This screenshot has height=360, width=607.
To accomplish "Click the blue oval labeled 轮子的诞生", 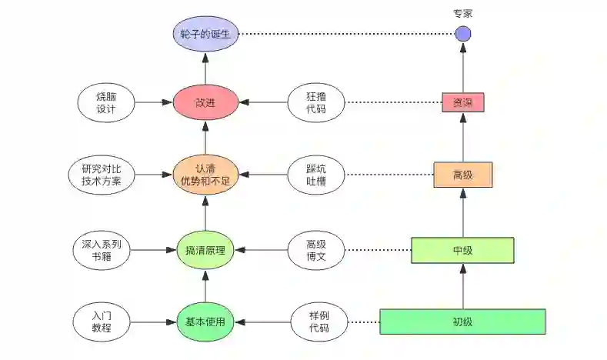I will coord(205,35).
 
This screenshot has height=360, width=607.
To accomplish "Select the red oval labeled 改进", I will coord(205,102).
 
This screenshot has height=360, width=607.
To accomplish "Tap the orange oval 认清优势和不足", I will coord(205,175).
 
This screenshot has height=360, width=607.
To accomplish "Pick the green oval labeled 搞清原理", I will coord(205,249).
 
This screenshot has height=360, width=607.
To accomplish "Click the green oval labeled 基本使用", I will coord(205,322).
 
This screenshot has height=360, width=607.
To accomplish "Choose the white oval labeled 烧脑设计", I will coord(106,102).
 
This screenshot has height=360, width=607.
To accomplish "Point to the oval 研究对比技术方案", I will coord(106,175).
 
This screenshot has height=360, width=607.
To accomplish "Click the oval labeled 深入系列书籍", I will coord(106,249).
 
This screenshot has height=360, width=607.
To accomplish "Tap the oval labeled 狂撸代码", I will coord(316,102).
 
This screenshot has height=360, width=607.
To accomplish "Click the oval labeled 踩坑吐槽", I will coord(316,175).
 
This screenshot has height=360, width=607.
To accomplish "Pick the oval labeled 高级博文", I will coord(316,249).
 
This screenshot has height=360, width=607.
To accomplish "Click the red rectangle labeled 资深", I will coord(463,102).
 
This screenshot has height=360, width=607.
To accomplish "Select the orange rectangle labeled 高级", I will coord(462,175).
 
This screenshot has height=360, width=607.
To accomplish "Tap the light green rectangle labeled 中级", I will coord(462,250).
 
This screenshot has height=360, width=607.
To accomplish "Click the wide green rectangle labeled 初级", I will coord(462,322).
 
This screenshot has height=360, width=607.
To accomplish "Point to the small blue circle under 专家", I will coord(462,34).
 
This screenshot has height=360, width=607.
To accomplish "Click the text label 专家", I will coord(462,13).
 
